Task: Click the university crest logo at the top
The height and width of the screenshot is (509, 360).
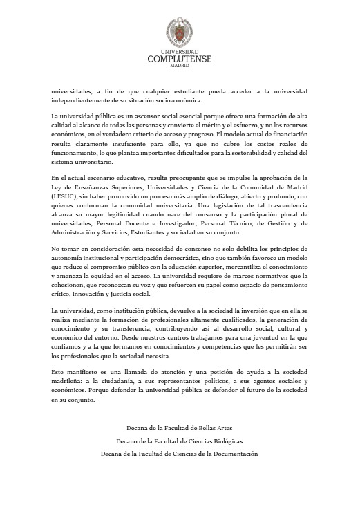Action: tap(179, 31)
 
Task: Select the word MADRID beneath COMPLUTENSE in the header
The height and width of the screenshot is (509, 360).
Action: tap(179, 66)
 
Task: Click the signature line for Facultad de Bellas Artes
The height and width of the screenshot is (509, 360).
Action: tap(179, 429)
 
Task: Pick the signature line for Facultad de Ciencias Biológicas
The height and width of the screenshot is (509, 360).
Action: tap(179, 441)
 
